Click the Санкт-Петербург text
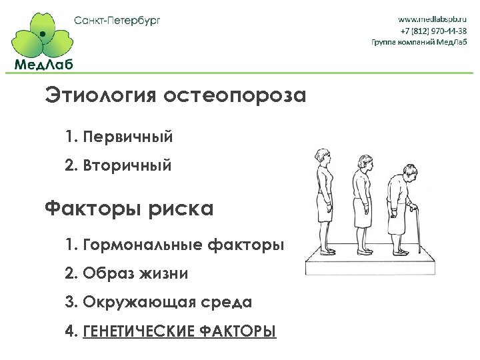click(x=117, y=20)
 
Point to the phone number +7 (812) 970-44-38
click(x=433, y=31)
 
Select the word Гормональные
click(x=141, y=245)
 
